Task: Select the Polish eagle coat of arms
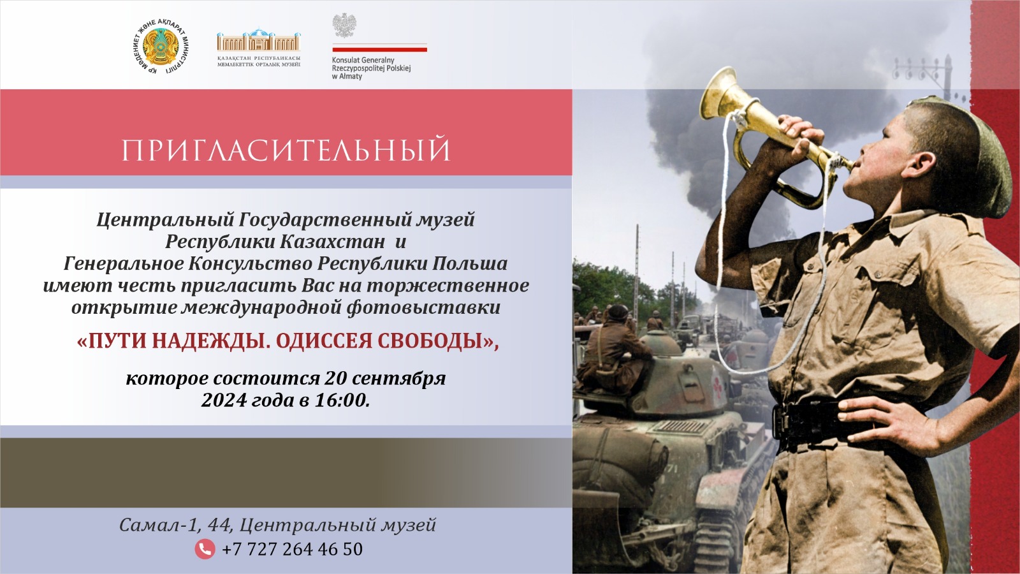pos(344,25)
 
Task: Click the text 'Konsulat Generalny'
pos(363,60)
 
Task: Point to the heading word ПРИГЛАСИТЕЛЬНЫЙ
pos(286,149)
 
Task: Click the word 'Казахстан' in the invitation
pos(332,242)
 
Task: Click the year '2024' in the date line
pos(224,400)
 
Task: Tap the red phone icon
pos(205,549)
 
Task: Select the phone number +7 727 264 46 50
pos(292,549)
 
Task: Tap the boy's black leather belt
pos(824,422)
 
